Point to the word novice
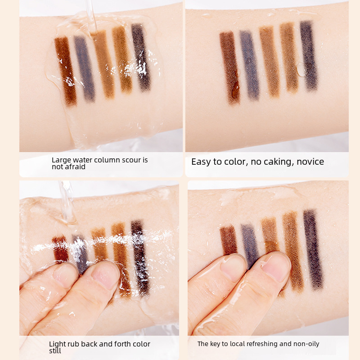click(x=310, y=162)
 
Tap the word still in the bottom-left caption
click(x=55, y=351)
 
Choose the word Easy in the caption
click(x=200, y=162)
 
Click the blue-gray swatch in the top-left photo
click(x=84, y=68)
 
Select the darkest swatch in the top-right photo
click(x=309, y=55)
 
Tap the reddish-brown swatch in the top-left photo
click(x=66, y=72)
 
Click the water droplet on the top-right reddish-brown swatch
click(x=235, y=90)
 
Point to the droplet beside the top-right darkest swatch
click(x=301, y=70)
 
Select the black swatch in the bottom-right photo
click(x=313, y=249)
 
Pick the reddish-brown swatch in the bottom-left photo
click(x=60, y=249)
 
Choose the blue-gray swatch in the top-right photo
click(x=250, y=65)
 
